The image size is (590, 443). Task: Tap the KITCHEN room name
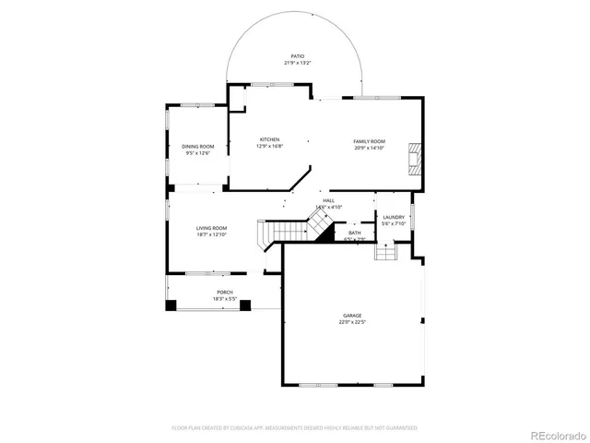[268, 139]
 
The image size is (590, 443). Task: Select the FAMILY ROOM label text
[369, 141]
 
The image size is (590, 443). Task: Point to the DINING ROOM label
[197, 147]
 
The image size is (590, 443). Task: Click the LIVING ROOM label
[211, 228]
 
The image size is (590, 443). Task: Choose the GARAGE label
[352, 316]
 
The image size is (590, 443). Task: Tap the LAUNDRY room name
[394, 217]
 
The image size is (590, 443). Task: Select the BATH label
[355, 233]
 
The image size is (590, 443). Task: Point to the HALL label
[328, 200]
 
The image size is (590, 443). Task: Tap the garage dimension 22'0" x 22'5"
[352, 323]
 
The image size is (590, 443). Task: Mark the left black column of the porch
[171, 305]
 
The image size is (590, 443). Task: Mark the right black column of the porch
[245, 305]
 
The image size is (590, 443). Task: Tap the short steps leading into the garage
[384, 251]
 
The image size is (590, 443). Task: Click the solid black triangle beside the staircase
[324, 233]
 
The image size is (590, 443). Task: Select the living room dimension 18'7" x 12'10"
[211, 235]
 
